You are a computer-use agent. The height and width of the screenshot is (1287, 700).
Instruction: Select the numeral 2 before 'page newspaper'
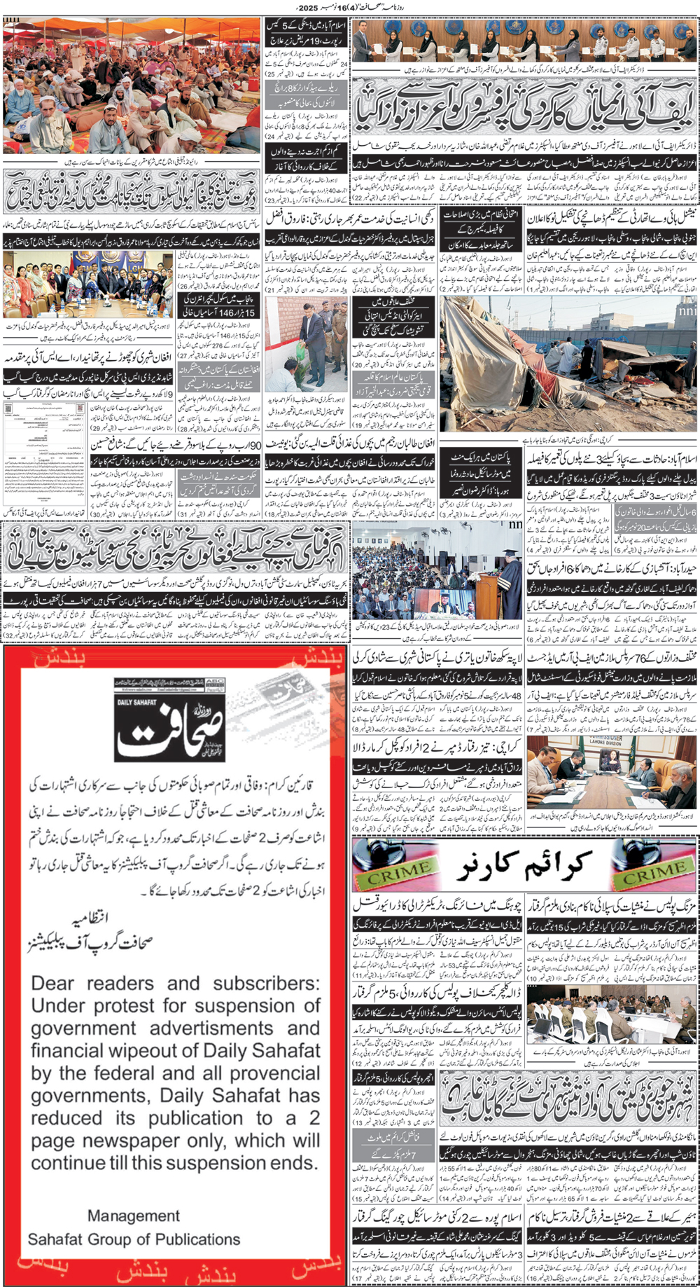314,1118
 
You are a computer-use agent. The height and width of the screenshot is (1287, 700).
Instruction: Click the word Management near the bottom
134,1216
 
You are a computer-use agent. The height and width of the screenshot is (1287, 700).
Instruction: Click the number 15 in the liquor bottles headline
577,926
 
